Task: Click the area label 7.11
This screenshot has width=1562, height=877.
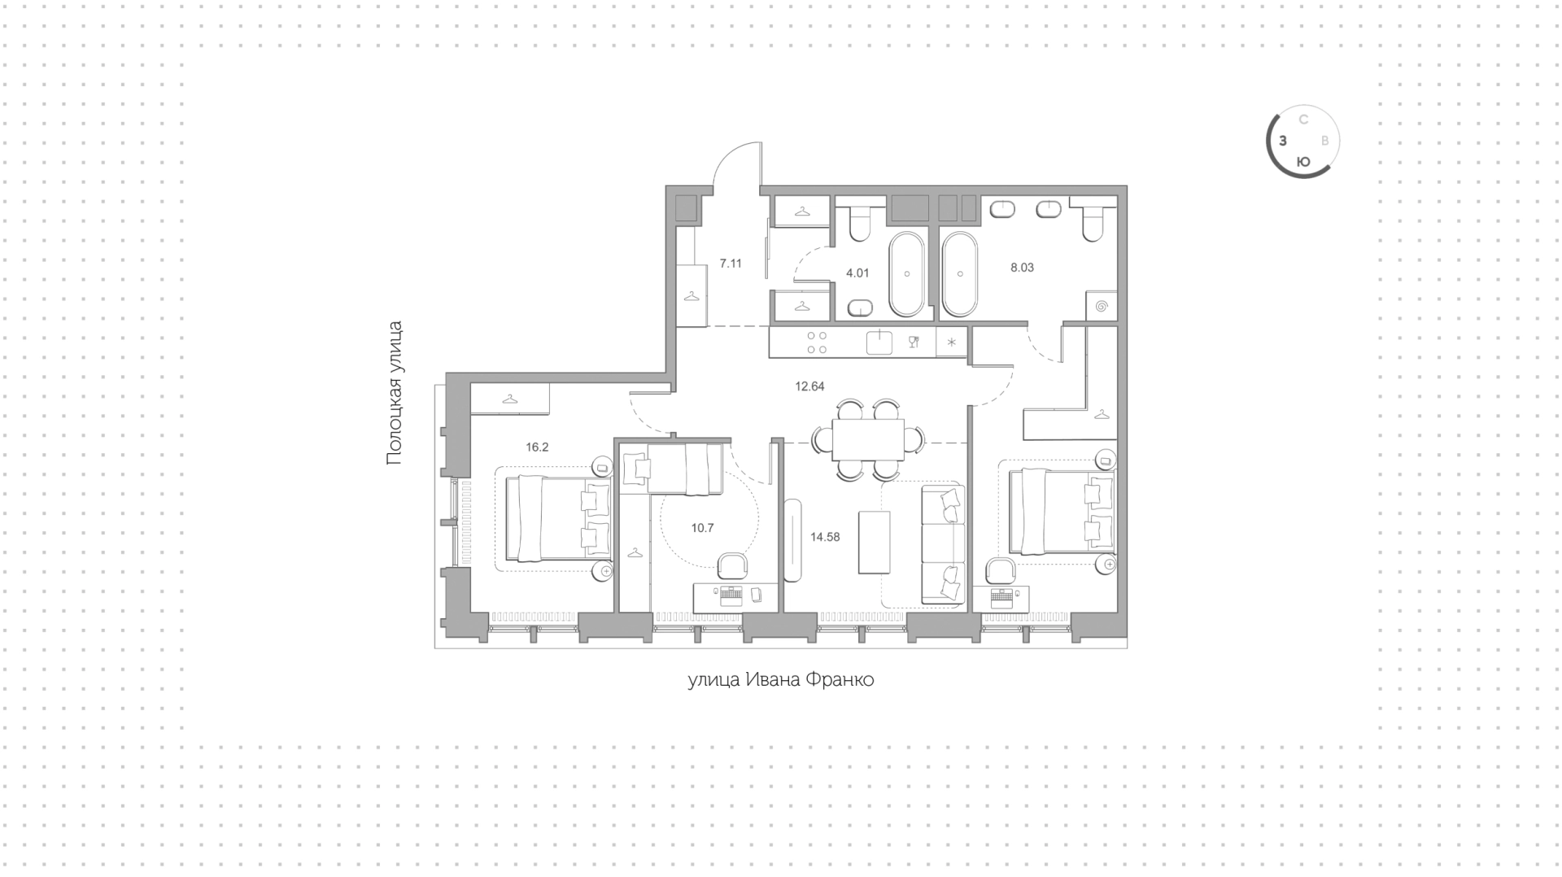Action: (x=731, y=264)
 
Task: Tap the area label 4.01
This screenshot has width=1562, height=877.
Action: (x=857, y=273)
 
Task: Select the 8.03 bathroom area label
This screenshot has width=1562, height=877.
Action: (x=1022, y=268)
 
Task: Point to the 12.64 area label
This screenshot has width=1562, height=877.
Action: (x=809, y=387)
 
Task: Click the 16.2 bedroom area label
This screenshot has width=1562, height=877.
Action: (x=537, y=447)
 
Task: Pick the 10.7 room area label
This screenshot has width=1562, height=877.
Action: (x=702, y=528)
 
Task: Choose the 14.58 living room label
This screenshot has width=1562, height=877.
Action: (x=825, y=537)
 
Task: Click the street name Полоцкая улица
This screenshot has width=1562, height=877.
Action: (x=395, y=393)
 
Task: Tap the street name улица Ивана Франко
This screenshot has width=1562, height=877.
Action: (x=781, y=680)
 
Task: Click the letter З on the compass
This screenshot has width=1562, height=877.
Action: (x=1283, y=141)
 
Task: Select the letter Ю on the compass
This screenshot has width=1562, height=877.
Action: (x=1302, y=162)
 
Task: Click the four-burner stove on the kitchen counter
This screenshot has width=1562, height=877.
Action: (x=817, y=343)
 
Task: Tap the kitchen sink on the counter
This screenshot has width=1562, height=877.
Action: (x=879, y=343)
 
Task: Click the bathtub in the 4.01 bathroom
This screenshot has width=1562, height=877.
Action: (x=907, y=275)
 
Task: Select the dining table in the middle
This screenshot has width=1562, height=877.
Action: (x=868, y=439)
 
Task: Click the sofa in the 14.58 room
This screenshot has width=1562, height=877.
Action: (x=944, y=544)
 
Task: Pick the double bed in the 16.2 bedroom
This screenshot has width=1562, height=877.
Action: (x=559, y=518)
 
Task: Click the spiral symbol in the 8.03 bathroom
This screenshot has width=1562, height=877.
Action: (x=1102, y=307)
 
